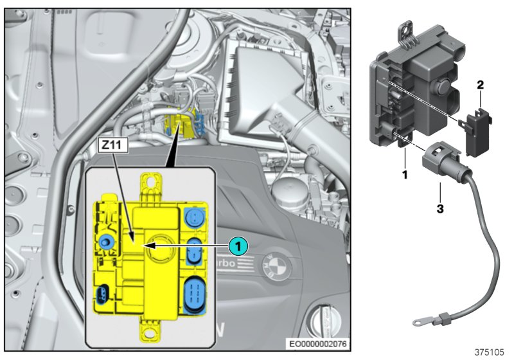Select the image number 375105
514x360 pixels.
[489, 352]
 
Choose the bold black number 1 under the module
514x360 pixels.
[405, 156]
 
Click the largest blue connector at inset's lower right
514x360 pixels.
[195, 296]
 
